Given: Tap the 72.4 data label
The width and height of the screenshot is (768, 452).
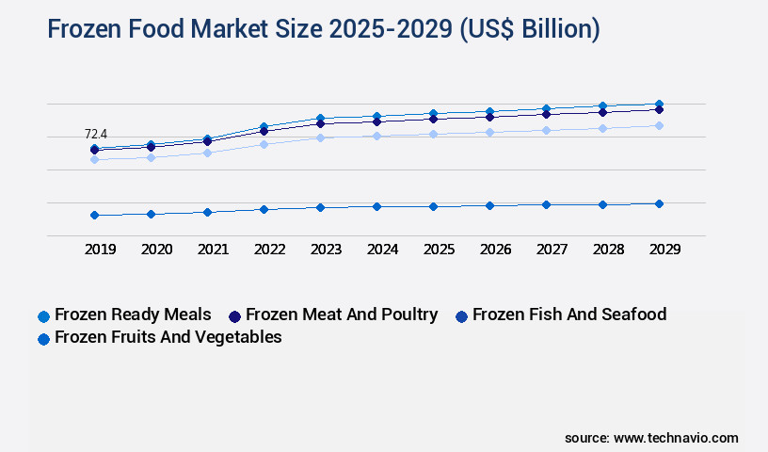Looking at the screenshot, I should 96,135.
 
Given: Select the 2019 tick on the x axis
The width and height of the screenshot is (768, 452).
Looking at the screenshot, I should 100,250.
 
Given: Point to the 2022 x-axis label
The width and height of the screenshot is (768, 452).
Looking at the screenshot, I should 269,250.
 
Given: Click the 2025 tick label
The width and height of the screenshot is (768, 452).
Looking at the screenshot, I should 439,250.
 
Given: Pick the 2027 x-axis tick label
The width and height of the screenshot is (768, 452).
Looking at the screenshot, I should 552,250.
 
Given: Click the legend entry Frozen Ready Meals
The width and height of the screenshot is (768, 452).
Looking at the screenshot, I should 133,315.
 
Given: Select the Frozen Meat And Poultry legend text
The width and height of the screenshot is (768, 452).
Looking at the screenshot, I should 342,315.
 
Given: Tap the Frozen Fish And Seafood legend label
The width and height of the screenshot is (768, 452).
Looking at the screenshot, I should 568,315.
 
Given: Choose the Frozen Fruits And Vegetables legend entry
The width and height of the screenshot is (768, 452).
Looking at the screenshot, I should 168,337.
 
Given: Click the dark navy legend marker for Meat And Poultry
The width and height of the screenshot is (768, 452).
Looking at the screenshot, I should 235,316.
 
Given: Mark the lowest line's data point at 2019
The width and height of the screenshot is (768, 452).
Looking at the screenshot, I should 94,215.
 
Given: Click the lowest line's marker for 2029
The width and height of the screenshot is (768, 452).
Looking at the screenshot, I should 659,203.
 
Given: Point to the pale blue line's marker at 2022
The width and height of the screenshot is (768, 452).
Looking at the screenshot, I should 264,144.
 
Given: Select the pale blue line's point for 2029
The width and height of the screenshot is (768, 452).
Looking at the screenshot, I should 659,125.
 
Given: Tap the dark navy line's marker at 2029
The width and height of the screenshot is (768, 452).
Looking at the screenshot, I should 659,109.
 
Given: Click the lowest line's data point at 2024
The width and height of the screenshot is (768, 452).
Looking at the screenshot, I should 376,206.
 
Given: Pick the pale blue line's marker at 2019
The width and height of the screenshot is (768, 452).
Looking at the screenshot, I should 94,159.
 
